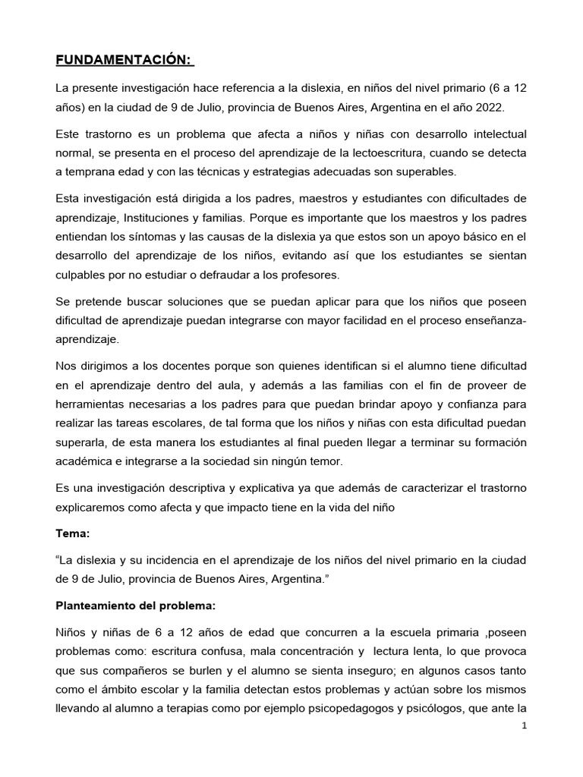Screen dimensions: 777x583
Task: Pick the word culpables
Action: [81, 275]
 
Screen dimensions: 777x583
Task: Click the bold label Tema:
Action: [73, 533]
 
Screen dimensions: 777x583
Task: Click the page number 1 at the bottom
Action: [524, 725]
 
